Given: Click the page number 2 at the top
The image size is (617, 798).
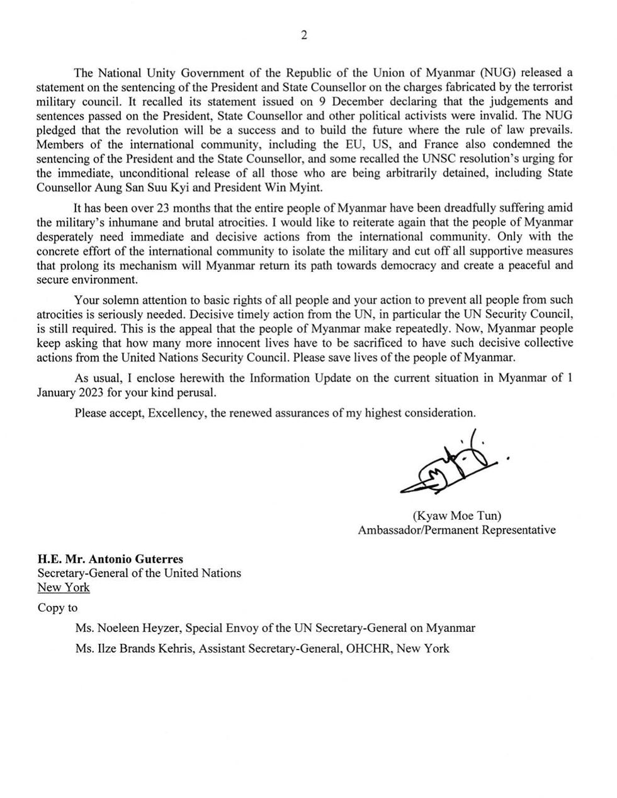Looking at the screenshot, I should (x=304, y=35).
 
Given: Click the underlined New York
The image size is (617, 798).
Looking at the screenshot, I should (x=64, y=587).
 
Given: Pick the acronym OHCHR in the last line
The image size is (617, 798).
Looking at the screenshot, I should (x=366, y=648).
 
